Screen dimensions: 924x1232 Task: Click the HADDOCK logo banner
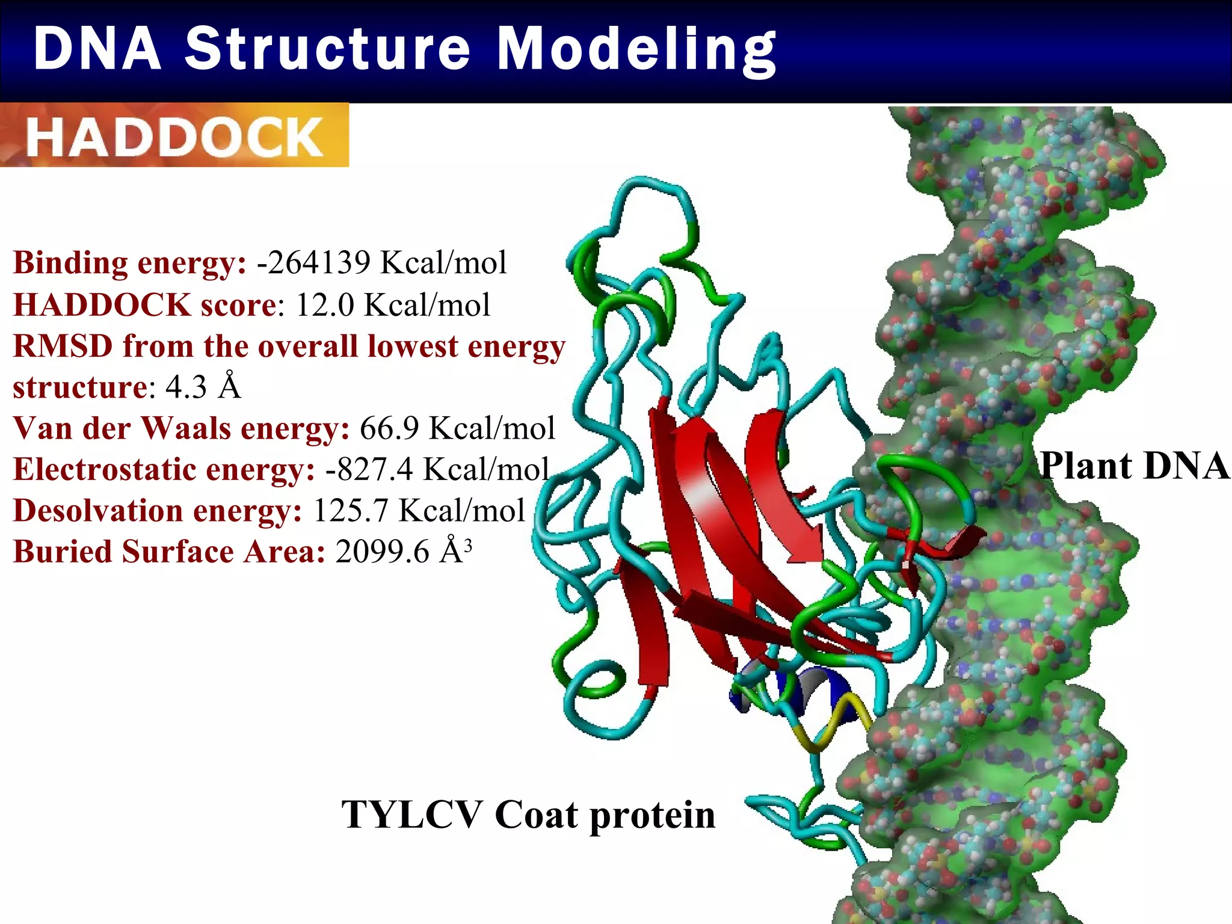pos(174,136)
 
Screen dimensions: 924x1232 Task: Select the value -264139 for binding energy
pos(313,263)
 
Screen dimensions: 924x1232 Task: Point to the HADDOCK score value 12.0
pos(325,305)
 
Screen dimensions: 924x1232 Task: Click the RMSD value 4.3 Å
pos(203,387)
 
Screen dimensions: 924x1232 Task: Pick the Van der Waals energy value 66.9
pos(389,429)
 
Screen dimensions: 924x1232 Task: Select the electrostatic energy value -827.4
pos(369,470)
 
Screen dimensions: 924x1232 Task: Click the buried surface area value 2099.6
pos(382,552)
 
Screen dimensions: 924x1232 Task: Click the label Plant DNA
pos(1134,466)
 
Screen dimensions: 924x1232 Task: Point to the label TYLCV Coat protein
pos(528,815)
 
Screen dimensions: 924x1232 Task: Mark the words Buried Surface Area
pos(168,552)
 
